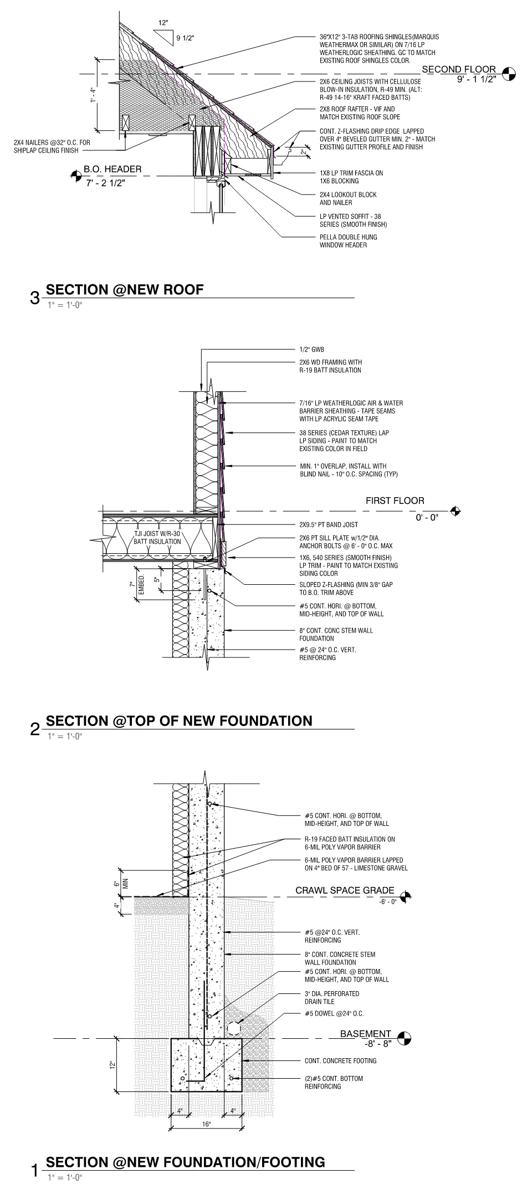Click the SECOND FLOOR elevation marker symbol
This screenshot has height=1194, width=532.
[508, 73]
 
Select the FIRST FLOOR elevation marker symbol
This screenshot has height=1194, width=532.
[456, 511]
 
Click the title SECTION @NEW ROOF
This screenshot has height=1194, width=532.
[125, 289]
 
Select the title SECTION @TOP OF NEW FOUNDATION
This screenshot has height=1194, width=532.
[179, 721]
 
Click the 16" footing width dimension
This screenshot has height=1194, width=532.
[207, 1125]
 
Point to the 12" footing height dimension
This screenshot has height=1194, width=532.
[112, 1065]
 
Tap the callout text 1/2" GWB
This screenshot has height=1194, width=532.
[311, 350]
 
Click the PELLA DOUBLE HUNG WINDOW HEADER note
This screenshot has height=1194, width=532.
[348, 241]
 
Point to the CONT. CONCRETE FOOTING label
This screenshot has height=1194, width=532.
[340, 1061]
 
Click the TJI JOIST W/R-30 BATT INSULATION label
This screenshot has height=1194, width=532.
[157, 538]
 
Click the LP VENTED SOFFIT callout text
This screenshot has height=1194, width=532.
[353, 221]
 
